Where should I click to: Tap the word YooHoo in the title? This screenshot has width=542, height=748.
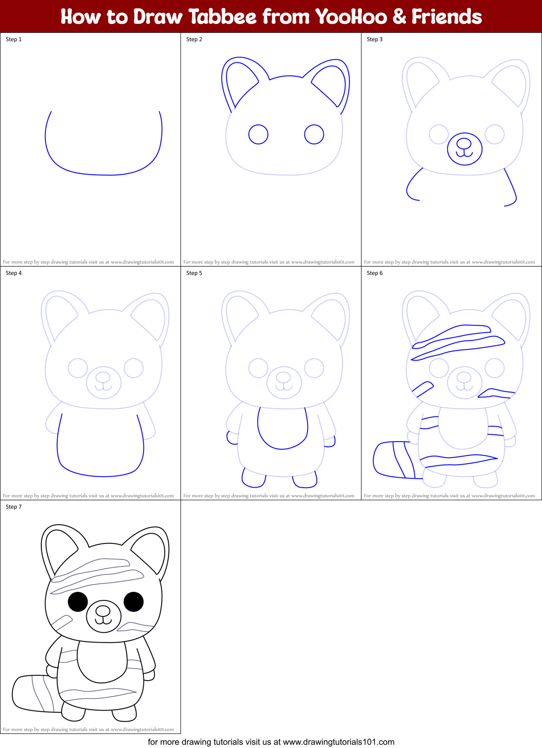tap(351, 17)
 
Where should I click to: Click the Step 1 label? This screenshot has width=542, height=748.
tap(14, 39)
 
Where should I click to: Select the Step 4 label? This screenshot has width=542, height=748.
tap(14, 273)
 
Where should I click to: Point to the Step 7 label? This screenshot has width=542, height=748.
tap(14, 507)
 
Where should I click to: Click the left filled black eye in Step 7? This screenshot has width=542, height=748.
tap(78, 602)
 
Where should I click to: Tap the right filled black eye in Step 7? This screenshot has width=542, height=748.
tap(134, 602)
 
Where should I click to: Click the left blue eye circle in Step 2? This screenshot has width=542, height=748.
tap(258, 134)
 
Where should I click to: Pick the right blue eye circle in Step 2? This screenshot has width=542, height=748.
tap(314, 134)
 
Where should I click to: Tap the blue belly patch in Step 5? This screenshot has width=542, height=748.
tap(282, 429)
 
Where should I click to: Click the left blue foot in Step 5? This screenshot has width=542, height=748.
tap(254, 478)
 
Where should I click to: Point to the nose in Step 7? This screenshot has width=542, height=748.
tap(103, 611)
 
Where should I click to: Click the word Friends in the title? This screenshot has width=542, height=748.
tap(446, 17)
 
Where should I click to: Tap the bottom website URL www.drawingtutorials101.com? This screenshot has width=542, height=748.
tap(339, 742)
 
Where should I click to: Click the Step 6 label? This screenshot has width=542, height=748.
tap(375, 273)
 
